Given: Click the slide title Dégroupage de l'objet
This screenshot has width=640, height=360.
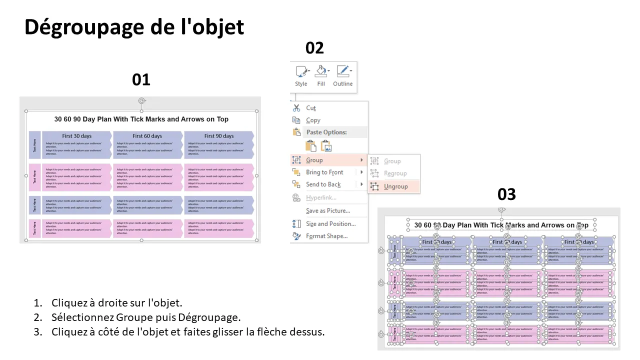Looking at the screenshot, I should [x=134, y=27].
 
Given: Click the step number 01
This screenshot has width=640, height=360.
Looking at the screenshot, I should [x=141, y=79].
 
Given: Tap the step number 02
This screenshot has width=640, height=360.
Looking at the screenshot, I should [x=314, y=48].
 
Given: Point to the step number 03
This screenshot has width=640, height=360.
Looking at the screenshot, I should [x=506, y=194].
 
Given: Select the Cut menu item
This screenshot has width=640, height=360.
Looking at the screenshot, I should [x=311, y=108].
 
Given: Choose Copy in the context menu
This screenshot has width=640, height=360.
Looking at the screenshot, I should [x=313, y=120].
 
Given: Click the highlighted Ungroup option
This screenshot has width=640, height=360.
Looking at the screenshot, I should [x=395, y=186].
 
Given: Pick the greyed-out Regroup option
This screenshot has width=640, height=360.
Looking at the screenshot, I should [x=395, y=173].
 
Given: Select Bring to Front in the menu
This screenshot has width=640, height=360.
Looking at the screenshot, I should [x=324, y=172].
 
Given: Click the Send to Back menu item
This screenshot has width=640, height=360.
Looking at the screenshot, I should [x=323, y=184].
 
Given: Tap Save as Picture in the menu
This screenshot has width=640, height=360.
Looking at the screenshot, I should [x=327, y=211].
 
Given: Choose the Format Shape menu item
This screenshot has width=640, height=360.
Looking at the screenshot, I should [x=326, y=236].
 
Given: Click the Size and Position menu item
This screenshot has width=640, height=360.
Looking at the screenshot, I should [x=330, y=224].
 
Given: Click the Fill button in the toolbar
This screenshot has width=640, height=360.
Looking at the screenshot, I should [x=321, y=75].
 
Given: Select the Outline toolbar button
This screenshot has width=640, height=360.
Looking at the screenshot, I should [x=343, y=75].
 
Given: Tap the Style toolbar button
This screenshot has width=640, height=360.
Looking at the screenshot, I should [x=301, y=75].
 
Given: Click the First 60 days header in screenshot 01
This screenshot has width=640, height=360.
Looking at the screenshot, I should [x=147, y=136].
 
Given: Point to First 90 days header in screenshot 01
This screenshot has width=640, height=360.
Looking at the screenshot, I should [x=218, y=136].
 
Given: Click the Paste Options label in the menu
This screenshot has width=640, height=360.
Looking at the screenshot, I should [x=326, y=132].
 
